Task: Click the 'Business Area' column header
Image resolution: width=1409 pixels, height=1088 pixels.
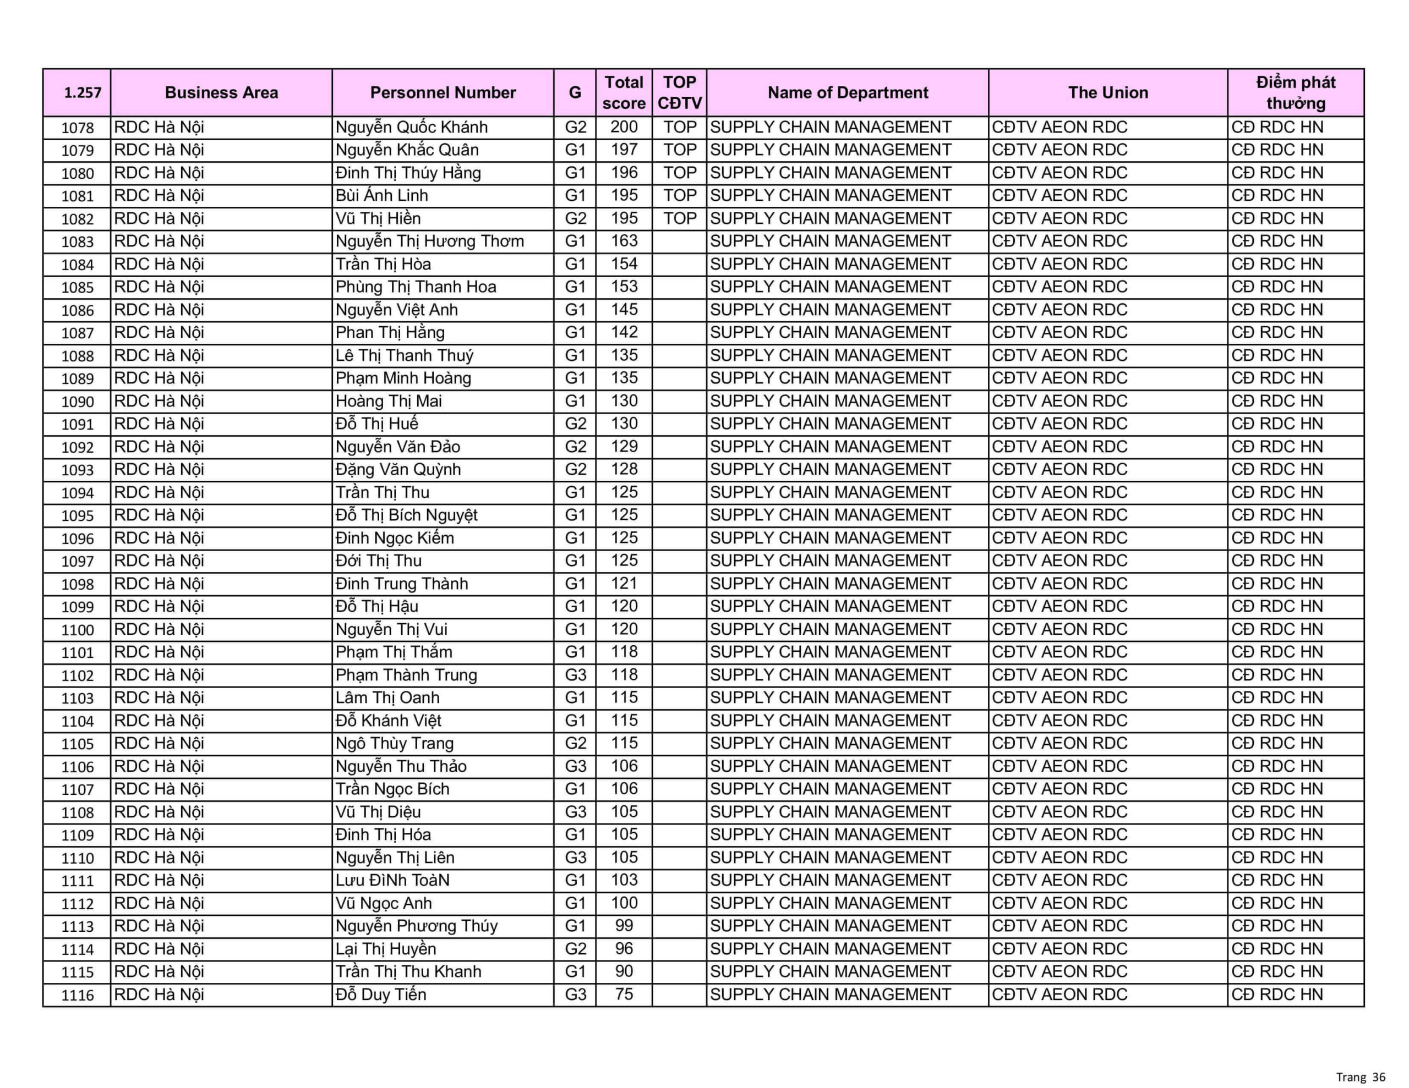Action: (x=221, y=93)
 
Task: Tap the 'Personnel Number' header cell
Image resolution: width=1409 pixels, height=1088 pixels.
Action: (x=443, y=93)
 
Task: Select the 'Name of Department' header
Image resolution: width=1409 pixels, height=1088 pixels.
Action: (x=847, y=93)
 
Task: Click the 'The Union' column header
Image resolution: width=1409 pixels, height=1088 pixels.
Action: (x=1108, y=93)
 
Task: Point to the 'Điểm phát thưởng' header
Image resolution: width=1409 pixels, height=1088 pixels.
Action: (x=1295, y=93)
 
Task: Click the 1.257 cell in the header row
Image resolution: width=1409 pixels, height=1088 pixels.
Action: (x=83, y=93)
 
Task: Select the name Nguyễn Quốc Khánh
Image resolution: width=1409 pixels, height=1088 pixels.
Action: (x=411, y=127)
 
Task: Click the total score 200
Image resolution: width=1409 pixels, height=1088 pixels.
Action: (x=624, y=127)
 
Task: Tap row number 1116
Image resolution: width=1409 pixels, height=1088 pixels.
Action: (x=78, y=995)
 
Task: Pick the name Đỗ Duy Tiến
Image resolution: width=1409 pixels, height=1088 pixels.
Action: (x=381, y=994)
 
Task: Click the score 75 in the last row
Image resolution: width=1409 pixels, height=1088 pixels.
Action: (x=624, y=994)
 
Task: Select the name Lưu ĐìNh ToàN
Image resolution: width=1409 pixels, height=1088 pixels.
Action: (x=392, y=880)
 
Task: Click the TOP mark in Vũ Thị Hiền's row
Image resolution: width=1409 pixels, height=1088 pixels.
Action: (x=679, y=218)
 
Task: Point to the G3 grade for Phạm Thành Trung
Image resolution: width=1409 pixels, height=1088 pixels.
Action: (x=575, y=674)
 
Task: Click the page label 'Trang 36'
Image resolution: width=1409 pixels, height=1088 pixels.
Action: (x=1361, y=1077)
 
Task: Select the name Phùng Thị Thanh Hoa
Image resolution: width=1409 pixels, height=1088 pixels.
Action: (x=416, y=287)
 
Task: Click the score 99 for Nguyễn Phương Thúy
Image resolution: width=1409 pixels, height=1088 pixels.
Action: (x=624, y=926)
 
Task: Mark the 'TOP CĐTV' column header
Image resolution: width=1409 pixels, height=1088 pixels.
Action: (x=679, y=93)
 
